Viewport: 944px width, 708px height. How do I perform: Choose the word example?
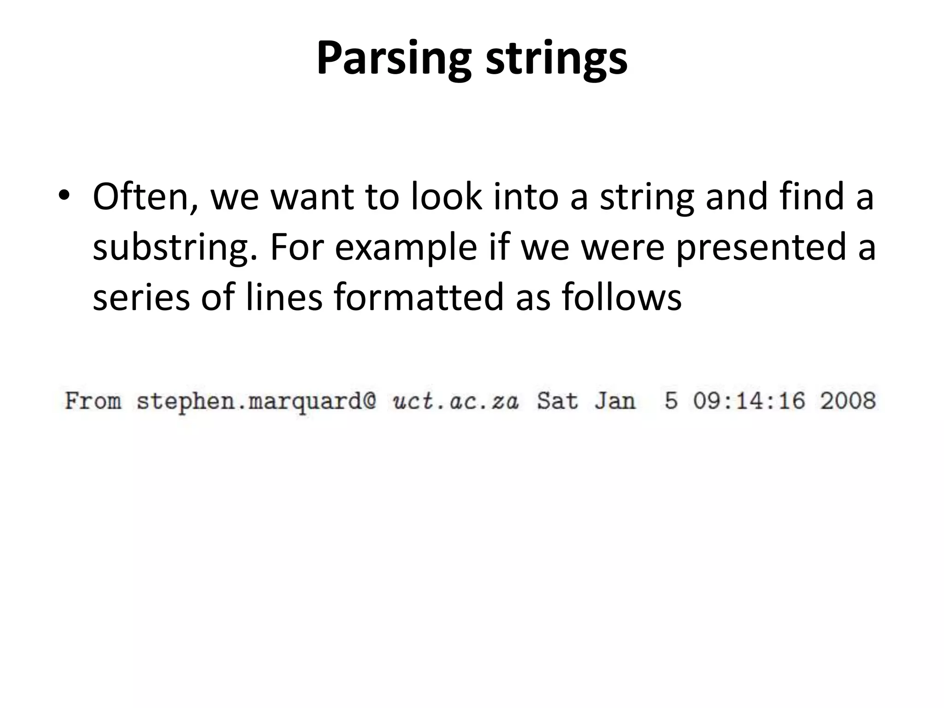click(x=406, y=247)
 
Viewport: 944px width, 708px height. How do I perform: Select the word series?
click(x=141, y=297)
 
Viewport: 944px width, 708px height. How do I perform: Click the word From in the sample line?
click(x=93, y=401)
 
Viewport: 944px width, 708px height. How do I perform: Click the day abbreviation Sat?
click(x=557, y=401)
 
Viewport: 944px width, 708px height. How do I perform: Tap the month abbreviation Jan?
click(x=614, y=401)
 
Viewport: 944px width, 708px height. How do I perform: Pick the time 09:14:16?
click(x=749, y=401)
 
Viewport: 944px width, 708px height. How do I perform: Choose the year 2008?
click(x=848, y=401)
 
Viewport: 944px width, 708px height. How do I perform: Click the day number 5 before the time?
click(x=671, y=401)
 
